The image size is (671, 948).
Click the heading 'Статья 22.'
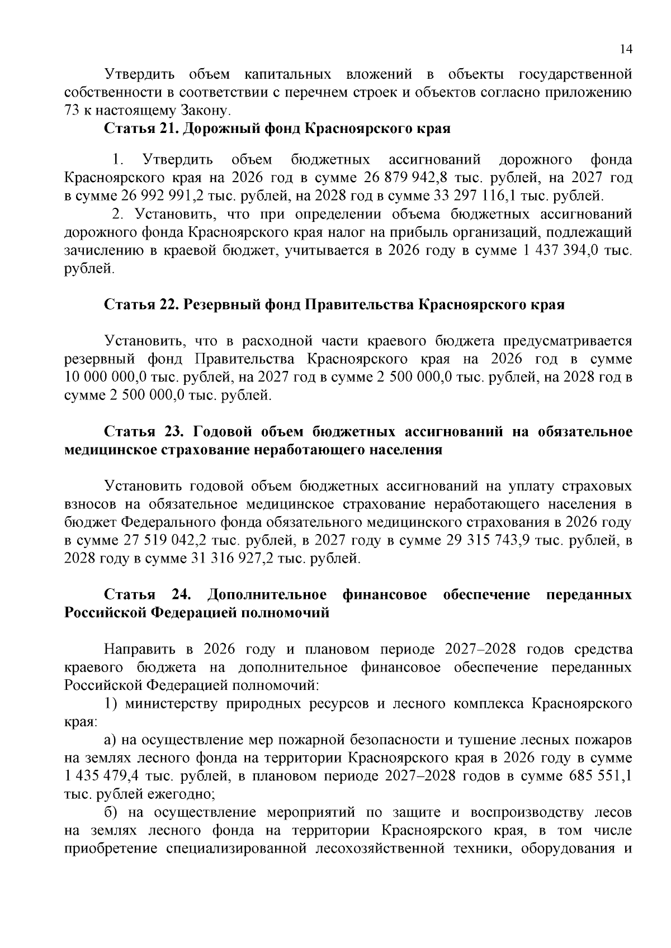tap(141, 305)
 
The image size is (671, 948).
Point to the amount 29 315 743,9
tap(487, 541)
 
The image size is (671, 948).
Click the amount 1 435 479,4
tap(101, 776)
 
